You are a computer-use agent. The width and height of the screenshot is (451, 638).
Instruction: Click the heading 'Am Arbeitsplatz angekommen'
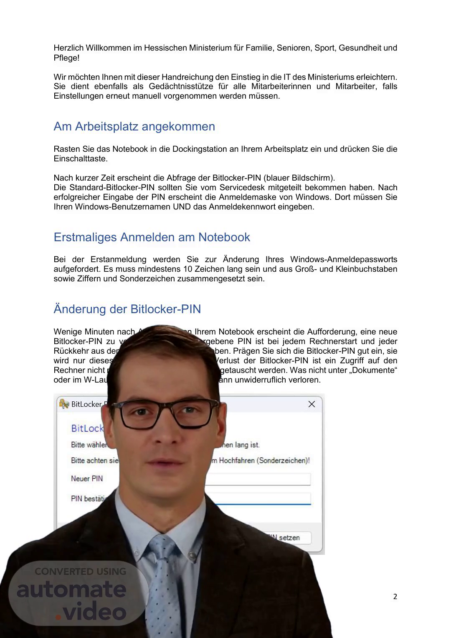coord(134,126)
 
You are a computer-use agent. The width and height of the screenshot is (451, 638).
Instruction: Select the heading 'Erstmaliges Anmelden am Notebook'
coord(152,237)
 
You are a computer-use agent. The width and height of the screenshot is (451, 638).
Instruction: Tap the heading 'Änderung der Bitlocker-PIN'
coord(127,309)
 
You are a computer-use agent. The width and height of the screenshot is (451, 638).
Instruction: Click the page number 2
coord(395,597)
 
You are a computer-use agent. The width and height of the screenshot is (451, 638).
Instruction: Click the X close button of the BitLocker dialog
coord(312,404)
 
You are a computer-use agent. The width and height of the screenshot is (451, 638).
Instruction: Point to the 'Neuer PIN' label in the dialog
coord(87,479)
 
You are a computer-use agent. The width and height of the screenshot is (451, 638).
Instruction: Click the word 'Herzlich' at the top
coord(68,48)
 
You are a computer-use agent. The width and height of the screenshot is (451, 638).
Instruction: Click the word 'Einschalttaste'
coord(80,159)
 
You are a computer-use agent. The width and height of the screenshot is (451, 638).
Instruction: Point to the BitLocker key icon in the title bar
coord(64,404)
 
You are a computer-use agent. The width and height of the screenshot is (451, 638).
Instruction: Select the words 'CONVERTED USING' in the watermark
coord(80,571)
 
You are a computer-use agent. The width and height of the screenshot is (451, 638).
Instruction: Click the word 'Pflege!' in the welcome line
coord(66,58)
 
